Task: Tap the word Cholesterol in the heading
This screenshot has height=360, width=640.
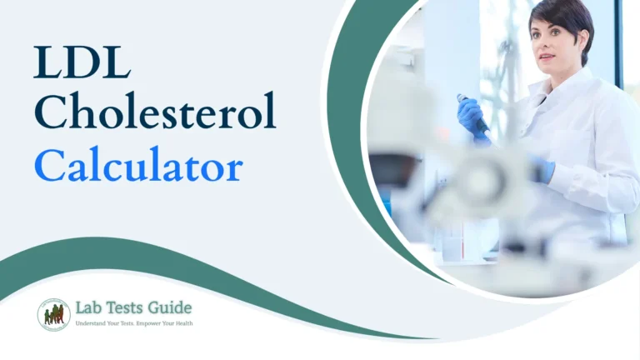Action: [x=155, y=113]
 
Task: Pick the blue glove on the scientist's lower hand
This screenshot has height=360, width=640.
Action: [x=542, y=170]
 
